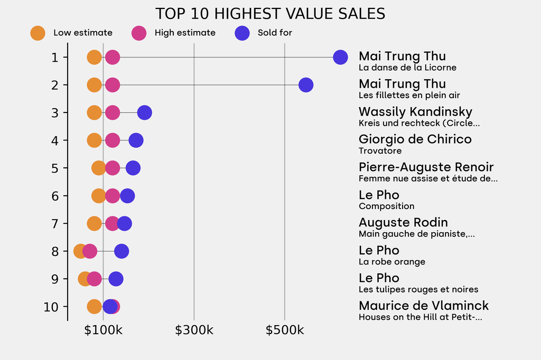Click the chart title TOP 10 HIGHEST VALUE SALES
pyautogui.click(x=270, y=13)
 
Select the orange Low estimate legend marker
pyautogui.click(x=38, y=33)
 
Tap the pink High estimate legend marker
pyautogui.click(x=139, y=33)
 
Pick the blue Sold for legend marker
pyautogui.click(x=242, y=33)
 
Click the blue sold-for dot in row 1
pyautogui.click(x=341, y=57)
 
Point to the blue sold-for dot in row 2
pyautogui.click(x=306, y=84)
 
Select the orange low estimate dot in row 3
pyautogui.click(x=94, y=112)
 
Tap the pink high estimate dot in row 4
pyautogui.click(x=112, y=140)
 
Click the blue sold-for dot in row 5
pyautogui.click(x=133, y=168)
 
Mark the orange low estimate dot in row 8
pyautogui.click(x=80, y=251)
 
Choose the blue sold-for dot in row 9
pyautogui.click(x=116, y=279)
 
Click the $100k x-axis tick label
pyautogui.click(x=103, y=330)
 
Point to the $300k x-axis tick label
pyautogui.click(x=194, y=330)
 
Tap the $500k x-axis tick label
pyautogui.click(x=285, y=330)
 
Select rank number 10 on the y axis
pyautogui.click(x=51, y=307)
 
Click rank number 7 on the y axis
pyautogui.click(x=55, y=223)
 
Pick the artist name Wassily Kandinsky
pyautogui.click(x=415, y=112)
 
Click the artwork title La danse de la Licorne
pyautogui.click(x=407, y=68)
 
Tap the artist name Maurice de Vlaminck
pyautogui.click(x=424, y=306)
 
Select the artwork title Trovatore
pyautogui.click(x=380, y=151)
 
